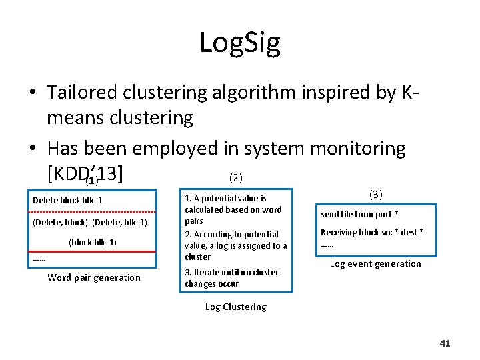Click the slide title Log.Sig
point(239,43)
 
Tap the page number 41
point(445,343)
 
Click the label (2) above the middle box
point(235,178)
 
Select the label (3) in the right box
point(375,195)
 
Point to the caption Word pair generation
point(94,277)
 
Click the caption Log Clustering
point(235,307)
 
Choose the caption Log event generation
point(375,263)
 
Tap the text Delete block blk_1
point(67,200)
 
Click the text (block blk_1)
point(93,242)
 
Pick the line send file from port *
point(359,215)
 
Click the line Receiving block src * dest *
point(372,232)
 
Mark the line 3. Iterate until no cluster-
point(233,272)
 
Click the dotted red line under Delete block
point(93,211)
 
